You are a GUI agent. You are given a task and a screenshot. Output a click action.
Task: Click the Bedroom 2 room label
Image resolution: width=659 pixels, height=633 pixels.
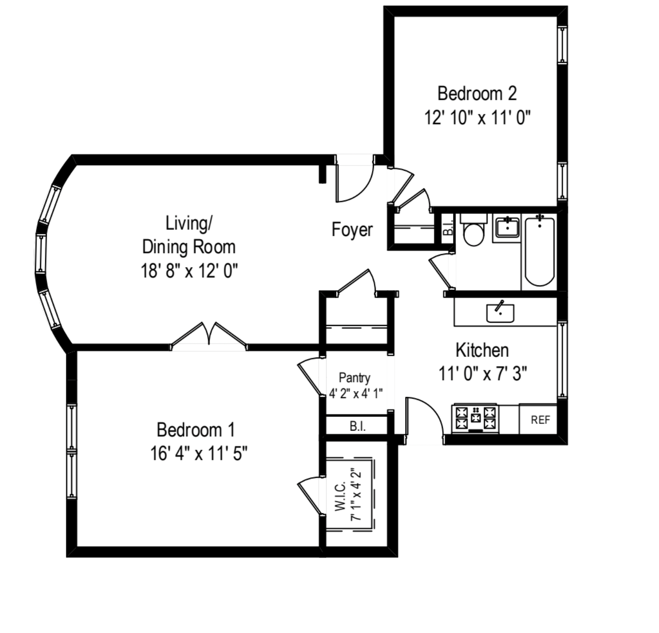click(x=477, y=93)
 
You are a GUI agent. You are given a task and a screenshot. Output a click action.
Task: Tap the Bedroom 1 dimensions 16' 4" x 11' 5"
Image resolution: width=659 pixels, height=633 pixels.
click(x=199, y=454)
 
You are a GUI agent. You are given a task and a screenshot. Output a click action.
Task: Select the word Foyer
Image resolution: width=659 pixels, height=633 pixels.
click(x=352, y=230)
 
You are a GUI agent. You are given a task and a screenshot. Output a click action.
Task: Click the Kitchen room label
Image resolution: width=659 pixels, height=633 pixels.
click(x=482, y=350)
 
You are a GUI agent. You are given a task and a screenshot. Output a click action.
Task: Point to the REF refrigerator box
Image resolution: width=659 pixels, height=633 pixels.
click(x=540, y=419)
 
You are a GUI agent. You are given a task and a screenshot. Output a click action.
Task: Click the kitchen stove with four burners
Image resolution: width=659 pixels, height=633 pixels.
click(x=475, y=418)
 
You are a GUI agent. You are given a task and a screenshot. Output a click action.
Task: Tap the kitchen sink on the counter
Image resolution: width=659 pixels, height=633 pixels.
click(x=500, y=313)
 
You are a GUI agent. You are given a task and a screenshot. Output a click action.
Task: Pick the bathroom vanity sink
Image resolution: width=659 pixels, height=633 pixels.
click(x=507, y=228)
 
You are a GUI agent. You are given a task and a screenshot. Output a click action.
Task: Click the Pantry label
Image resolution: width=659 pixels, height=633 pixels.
click(x=355, y=378)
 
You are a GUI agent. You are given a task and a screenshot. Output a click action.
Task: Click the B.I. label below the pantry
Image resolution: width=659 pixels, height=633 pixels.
click(x=357, y=426)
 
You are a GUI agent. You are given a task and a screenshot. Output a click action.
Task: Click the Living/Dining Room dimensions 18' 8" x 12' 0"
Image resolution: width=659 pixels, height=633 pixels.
click(x=189, y=271)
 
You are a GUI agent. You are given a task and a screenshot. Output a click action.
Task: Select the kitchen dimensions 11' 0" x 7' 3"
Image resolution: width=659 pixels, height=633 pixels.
click(x=482, y=374)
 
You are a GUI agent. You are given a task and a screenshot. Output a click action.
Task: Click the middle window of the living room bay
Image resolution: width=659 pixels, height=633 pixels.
click(x=41, y=253)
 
